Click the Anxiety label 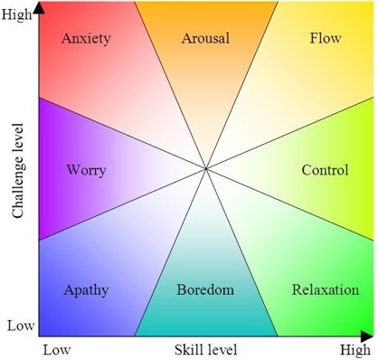(86, 39)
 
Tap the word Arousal (205, 39)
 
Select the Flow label (325, 39)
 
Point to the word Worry (86, 170)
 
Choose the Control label (325, 170)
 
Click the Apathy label (86, 290)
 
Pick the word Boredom (205, 290)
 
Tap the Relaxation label (326, 290)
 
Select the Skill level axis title (204, 349)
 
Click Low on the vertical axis (21, 325)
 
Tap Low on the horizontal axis (55, 349)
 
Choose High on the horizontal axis (355, 349)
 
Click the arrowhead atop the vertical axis (40, 8)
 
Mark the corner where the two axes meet (40, 336)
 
